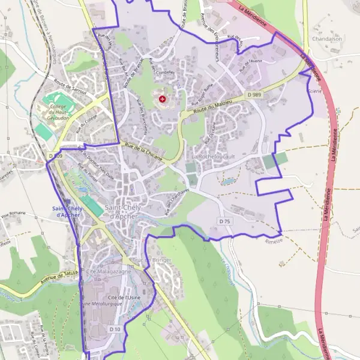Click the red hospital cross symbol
click(162, 98)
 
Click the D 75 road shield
click(225, 221)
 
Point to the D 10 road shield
click(115, 329)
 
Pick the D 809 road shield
click(55, 156)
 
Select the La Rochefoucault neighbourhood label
click(212, 156)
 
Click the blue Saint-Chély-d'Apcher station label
click(71, 212)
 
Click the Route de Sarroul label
click(70, 88)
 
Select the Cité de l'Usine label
click(124, 297)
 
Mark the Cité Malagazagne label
click(109, 272)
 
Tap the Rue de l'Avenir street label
click(248, 66)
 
